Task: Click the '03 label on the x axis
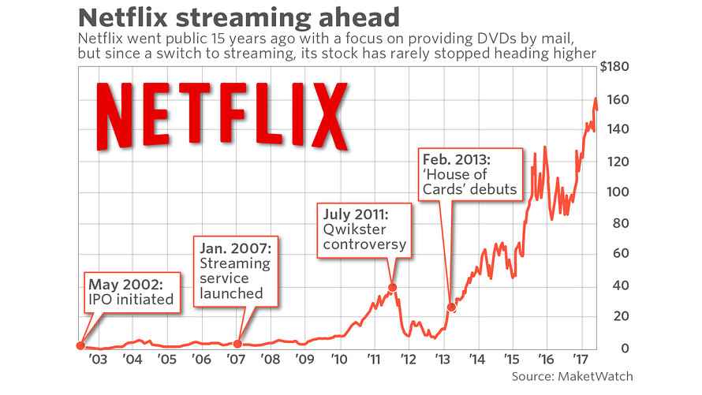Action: pyautogui.click(x=97, y=359)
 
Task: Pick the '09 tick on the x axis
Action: pyautogui.click(x=304, y=359)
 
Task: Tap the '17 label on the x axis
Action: pyautogui.click(x=581, y=359)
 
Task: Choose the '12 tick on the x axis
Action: pyautogui.click(x=408, y=359)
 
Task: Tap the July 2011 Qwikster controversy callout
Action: pyautogui.click(x=365, y=229)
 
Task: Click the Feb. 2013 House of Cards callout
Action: pyautogui.click(x=470, y=174)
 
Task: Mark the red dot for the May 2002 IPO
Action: pyautogui.click(x=80, y=345)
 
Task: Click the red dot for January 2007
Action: pyautogui.click(x=238, y=343)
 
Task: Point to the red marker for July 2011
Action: pyautogui.click(x=393, y=288)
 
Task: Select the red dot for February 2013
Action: pyautogui.click(x=452, y=307)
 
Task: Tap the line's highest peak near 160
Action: pyautogui.click(x=596, y=99)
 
